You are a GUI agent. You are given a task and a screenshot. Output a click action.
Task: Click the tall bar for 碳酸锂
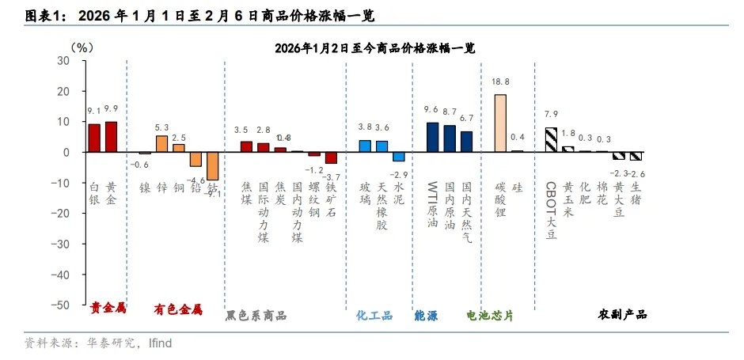coord(500,123)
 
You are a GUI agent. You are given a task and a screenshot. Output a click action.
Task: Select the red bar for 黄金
coord(112,137)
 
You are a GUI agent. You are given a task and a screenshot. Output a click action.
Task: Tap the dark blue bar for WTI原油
coord(432,137)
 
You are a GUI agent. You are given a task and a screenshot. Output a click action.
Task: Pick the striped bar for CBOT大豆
coord(551,139)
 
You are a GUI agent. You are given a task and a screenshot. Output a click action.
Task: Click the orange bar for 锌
coord(161,143)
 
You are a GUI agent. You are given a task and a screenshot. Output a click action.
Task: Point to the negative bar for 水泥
coord(399,156)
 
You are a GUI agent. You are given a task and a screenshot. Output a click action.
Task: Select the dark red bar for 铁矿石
coord(331,157)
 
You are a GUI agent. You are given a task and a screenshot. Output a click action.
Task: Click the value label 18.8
coord(500,81)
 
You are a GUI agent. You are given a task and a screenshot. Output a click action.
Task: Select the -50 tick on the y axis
coord(61,305)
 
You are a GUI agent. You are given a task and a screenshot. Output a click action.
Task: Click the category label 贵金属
coord(108,309)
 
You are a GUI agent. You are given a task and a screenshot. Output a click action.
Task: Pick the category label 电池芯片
coord(490,315)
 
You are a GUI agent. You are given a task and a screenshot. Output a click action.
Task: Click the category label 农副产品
coord(622,314)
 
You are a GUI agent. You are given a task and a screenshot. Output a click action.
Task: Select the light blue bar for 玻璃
coord(365,146)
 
